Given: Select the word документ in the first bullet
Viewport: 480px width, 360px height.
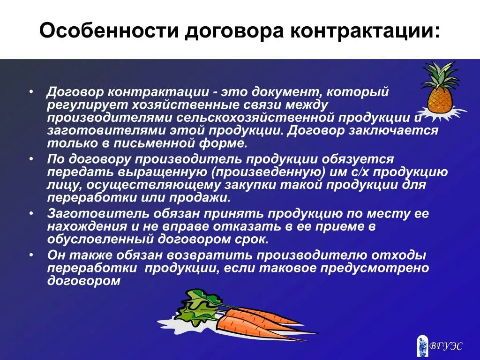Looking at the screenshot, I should tap(283, 92).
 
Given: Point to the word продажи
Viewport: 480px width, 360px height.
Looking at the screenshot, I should tap(204, 197).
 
